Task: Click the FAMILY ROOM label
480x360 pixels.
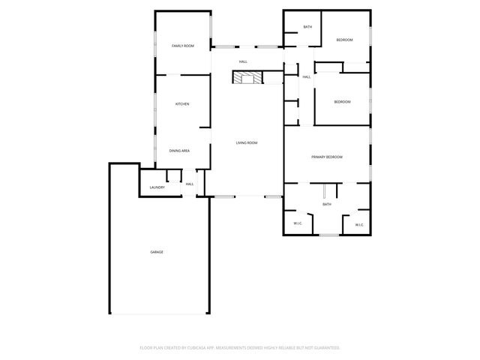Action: pyautogui.click(x=182, y=46)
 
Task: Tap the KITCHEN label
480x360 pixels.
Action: pyautogui.click(x=181, y=103)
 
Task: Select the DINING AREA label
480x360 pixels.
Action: pyautogui.click(x=178, y=151)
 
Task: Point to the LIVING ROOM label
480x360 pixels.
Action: pyautogui.click(x=247, y=142)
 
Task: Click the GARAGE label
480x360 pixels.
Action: pyautogui.click(x=157, y=252)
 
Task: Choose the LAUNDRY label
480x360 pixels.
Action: pyautogui.click(x=157, y=187)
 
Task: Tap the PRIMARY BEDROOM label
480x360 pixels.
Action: pyautogui.click(x=327, y=157)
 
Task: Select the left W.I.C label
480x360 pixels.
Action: pyautogui.click(x=297, y=223)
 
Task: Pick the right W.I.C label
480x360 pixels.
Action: pyautogui.click(x=358, y=224)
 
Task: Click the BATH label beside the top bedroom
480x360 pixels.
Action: pyautogui.click(x=307, y=27)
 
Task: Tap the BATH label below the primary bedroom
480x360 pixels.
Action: pyautogui.click(x=327, y=204)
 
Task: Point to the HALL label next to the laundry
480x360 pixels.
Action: pyautogui.click(x=190, y=184)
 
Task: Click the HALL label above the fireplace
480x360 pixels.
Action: pyautogui.click(x=244, y=61)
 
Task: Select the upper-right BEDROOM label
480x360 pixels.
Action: pyautogui.click(x=344, y=40)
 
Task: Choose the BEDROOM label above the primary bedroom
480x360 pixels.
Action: pyautogui.click(x=342, y=102)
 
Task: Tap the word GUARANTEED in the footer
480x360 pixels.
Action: pyautogui.click(x=325, y=348)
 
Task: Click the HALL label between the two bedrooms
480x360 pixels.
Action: pyautogui.click(x=307, y=76)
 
